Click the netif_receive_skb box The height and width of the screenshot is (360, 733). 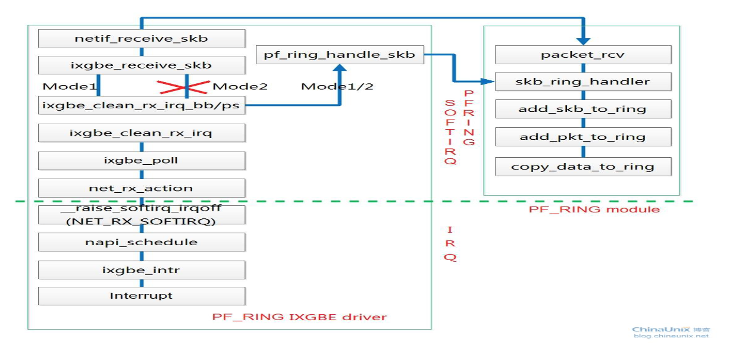tap(142, 39)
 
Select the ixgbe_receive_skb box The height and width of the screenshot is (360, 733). tap(142, 65)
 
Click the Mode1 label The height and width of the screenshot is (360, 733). tap(70, 86)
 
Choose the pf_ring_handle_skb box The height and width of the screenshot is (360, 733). tap(339, 55)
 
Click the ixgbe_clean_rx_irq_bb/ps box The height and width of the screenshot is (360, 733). tap(142, 105)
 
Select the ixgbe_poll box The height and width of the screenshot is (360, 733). tap(142, 160)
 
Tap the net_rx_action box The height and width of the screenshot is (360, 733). tap(142, 188)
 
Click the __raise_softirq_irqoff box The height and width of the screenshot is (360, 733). tap(142, 215)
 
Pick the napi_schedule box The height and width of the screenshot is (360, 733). tap(142, 242)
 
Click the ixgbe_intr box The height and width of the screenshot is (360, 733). tap(142, 270)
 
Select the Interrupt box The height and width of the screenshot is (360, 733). tap(142, 296)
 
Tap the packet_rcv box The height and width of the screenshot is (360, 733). tap(583, 55)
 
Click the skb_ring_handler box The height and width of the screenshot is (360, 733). tap(583, 82)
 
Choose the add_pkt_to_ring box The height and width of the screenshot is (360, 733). tap(583, 137)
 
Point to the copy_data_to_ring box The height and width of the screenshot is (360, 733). tap(583, 167)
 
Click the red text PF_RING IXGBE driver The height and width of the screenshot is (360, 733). tap(299, 317)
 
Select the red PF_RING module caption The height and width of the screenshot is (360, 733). tap(594, 209)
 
